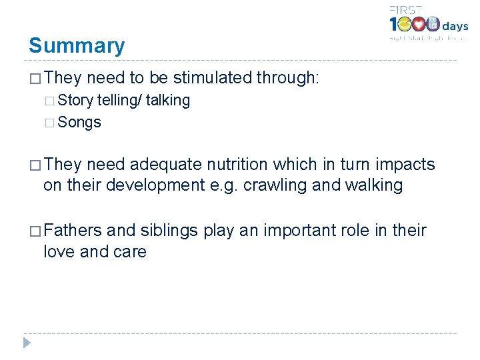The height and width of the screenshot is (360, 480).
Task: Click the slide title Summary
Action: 77,46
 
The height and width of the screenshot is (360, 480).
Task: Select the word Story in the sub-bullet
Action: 75,101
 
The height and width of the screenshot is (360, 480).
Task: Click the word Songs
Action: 79,123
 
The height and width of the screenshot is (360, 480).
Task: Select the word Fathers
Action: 73,231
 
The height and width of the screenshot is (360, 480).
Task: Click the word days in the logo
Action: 455,27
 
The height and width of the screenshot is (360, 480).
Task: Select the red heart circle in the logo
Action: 418,25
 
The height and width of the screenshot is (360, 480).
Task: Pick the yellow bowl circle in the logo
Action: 403,25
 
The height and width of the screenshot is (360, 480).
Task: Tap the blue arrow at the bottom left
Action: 26,343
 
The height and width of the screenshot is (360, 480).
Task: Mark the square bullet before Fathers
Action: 35,231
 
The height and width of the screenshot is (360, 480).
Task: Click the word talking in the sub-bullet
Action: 168,101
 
